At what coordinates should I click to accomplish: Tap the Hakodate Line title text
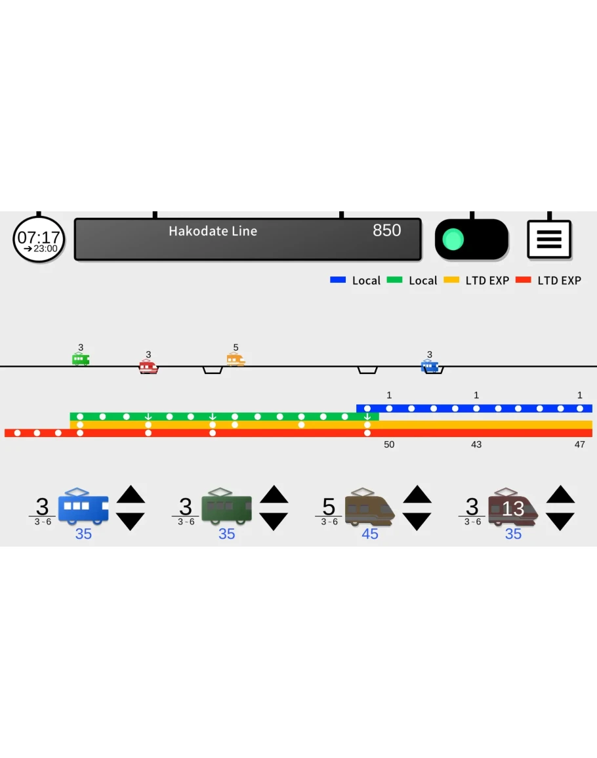(x=213, y=231)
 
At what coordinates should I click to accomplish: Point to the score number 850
(x=386, y=230)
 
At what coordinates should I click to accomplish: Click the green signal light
(x=453, y=240)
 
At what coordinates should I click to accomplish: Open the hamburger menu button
(x=549, y=240)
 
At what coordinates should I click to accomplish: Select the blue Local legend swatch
(x=338, y=280)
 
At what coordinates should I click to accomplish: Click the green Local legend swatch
(x=394, y=280)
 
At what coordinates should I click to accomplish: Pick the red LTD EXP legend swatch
(x=523, y=280)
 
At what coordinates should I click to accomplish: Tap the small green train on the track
(x=81, y=359)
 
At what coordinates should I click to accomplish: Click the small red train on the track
(x=148, y=366)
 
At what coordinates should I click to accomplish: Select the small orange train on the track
(x=236, y=360)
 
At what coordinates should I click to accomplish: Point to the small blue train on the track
(x=430, y=366)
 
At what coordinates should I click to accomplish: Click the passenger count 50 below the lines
(x=389, y=444)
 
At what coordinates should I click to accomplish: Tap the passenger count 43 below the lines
(x=476, y=444)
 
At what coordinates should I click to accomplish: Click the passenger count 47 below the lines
(x=579, y=444)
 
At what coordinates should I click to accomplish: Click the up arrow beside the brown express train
(x=417, y=494)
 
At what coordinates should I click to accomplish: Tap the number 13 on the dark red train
(x=513, y=508)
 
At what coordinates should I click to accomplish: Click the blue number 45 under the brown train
(x=370, y=534)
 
